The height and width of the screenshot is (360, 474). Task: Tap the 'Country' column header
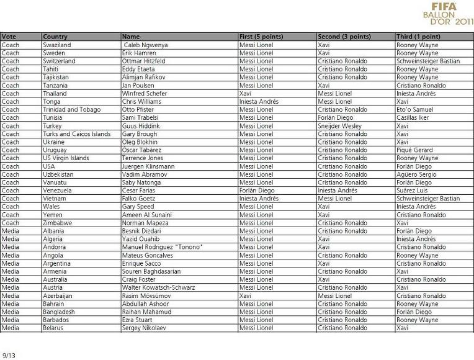55,37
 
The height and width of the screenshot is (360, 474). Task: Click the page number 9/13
9,355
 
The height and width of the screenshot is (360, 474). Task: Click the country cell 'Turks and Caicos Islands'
76,134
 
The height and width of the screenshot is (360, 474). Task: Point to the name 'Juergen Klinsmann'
148,166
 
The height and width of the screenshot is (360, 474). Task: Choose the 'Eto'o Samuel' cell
414,110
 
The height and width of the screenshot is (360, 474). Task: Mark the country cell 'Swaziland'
57,45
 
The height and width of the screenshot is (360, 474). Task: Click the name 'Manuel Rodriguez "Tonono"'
163,247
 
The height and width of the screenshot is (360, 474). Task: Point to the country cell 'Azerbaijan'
58,295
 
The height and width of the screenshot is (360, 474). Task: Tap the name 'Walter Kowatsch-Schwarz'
159,287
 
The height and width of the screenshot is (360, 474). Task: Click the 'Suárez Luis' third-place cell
413,191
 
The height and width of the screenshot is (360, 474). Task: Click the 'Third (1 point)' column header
418,37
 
